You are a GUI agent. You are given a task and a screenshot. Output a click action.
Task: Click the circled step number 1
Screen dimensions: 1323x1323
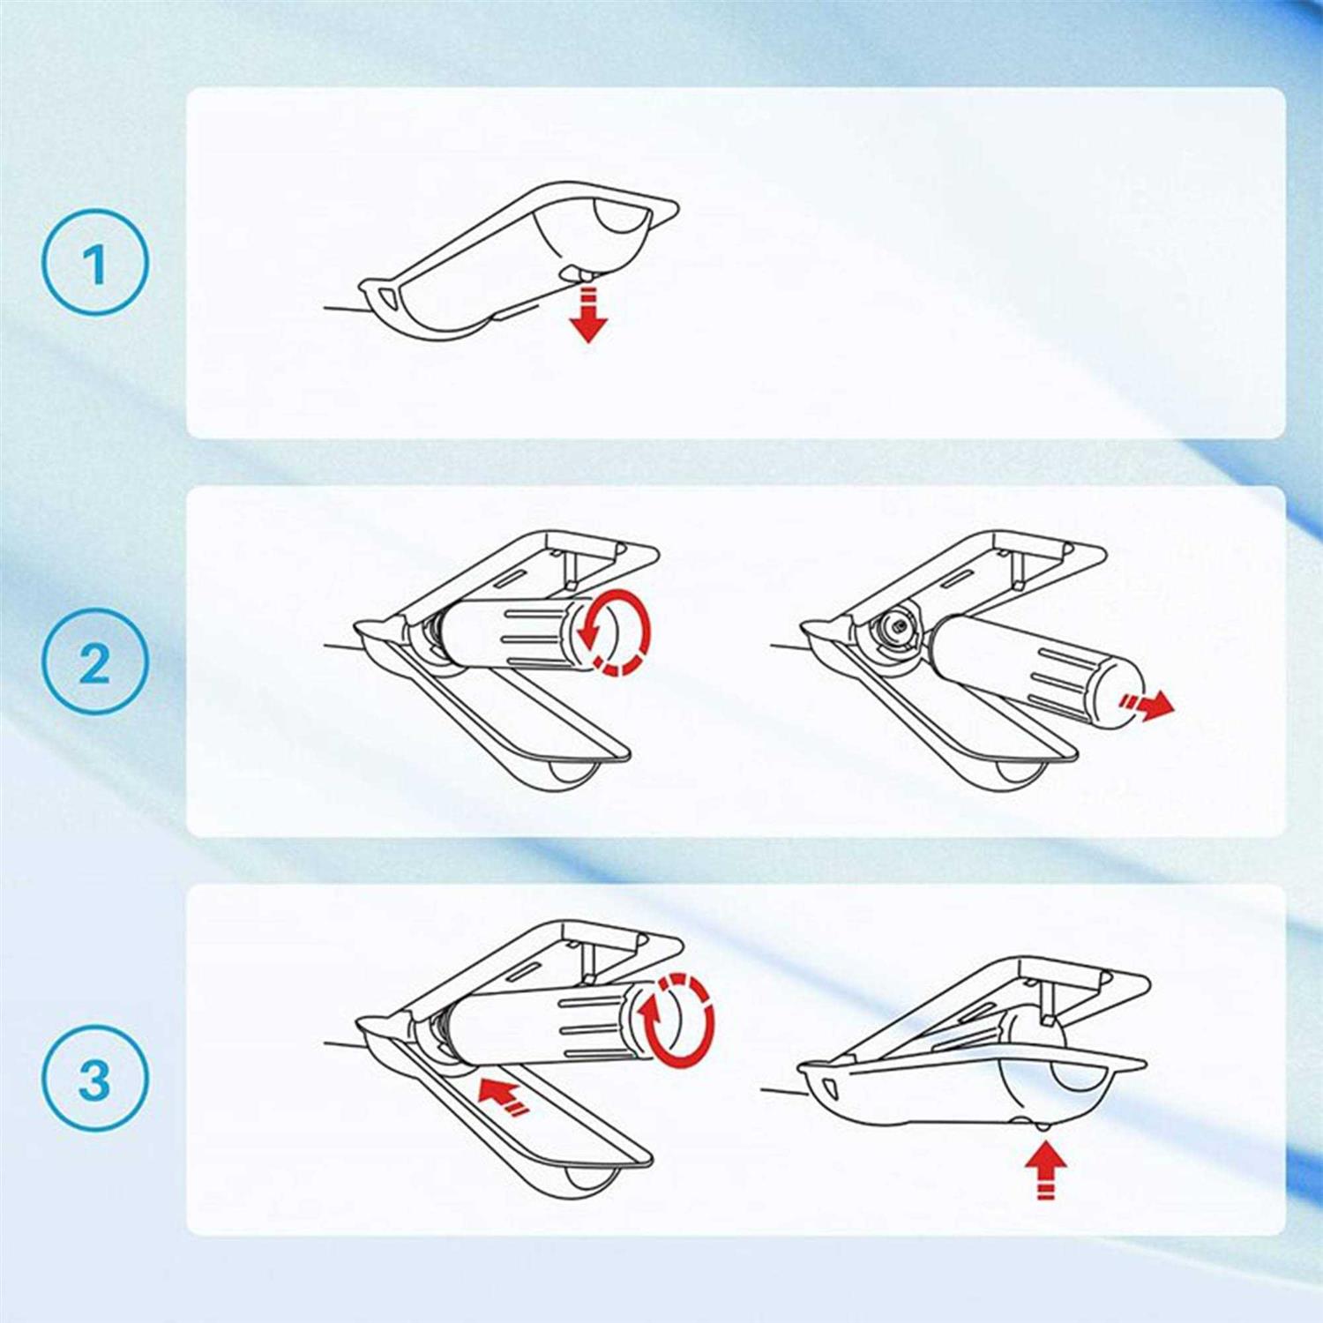coord(95,262)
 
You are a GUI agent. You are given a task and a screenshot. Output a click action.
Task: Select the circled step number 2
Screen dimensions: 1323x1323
coord(95,661)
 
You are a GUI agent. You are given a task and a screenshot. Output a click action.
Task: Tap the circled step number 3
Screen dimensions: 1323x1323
coord(95,1078)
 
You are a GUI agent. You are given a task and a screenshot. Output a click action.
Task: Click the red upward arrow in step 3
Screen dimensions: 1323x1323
coord(1046,1169)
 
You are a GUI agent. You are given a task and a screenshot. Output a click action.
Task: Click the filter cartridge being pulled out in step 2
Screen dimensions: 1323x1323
coord(1036,670)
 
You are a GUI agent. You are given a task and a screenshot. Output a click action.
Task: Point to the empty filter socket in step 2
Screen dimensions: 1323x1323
coord(895,627)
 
